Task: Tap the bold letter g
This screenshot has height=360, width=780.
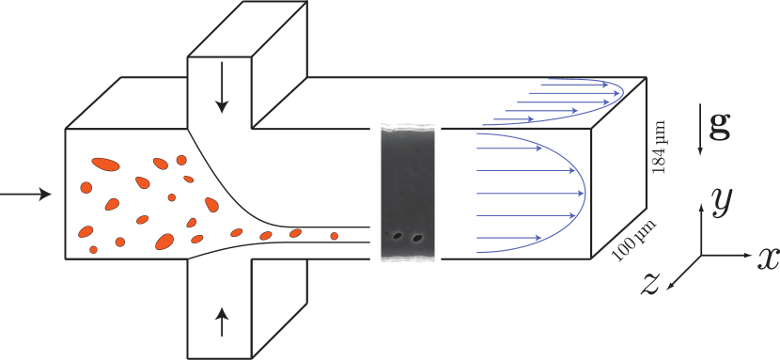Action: pos(720,129)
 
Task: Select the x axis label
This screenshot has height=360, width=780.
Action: pos(768,258)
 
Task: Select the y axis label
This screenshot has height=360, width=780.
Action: pos(722,199)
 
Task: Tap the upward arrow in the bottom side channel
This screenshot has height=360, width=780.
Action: pos(222,321)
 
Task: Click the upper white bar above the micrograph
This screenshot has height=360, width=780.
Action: pos(406,115)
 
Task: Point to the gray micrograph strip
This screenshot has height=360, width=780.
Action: pos(408,193)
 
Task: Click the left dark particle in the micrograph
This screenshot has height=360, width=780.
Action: pos(398,236)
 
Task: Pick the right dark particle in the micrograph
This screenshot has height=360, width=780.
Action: pos(417,238)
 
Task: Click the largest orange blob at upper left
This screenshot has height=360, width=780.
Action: pos(106,165)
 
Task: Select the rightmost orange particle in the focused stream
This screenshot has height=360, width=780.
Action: pos(334,236)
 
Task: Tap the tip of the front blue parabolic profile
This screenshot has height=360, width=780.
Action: pos(585,193)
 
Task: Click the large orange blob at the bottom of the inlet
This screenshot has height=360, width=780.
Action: pos(165,242)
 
